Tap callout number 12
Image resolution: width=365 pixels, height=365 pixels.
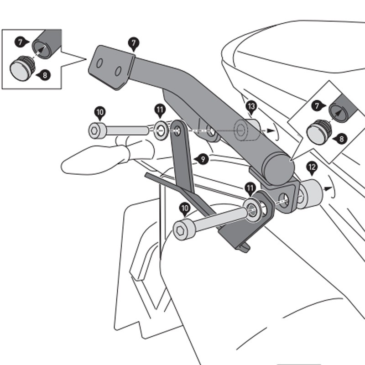312,168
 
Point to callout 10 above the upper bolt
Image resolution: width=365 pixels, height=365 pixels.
100,112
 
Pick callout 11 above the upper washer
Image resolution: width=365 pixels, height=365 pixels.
160,110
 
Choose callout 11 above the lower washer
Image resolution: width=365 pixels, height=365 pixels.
250,188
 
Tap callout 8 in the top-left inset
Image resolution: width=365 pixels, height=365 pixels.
44,74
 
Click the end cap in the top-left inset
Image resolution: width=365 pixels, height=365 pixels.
21,67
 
